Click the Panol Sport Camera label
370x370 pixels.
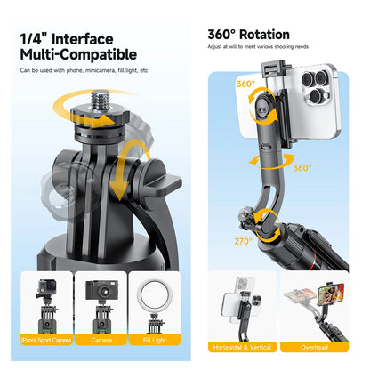(47, 339)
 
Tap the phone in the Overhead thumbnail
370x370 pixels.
(308, 299)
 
